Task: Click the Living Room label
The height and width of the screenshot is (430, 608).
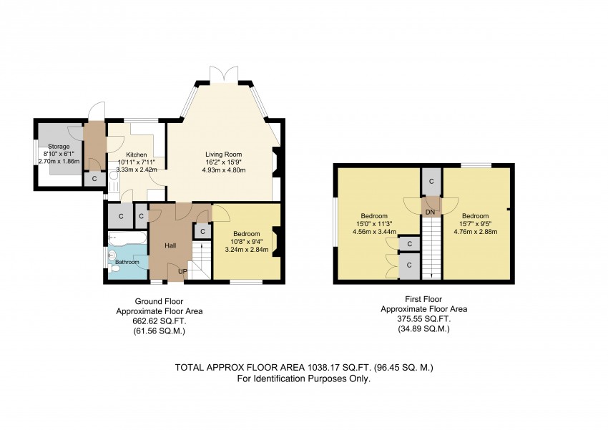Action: [223, 155]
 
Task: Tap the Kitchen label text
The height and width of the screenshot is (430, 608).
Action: [137, 155]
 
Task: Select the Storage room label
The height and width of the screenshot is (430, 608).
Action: [59, 147]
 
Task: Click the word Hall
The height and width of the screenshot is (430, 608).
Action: [170, 245]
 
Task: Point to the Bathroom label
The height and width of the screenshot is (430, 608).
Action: [127, 262]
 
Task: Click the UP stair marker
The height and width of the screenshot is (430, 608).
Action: [182, 271]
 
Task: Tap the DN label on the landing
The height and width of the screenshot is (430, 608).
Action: [430, 212]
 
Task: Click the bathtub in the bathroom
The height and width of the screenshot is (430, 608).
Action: [127, 238]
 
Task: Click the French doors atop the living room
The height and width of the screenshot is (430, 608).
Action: [224, 74]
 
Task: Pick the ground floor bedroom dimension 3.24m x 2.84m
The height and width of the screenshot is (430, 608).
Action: [247, 250]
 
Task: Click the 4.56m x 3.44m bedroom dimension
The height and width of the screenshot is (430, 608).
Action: [374, 232]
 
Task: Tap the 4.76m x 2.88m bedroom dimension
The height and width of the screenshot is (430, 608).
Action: [476, 232]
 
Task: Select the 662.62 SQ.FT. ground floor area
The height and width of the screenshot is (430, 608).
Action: [160, 321]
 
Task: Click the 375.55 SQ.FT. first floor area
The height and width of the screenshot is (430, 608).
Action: [424, 320]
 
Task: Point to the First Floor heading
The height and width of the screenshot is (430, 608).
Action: [423, 299]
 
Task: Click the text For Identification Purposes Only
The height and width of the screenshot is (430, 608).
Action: [304, 378]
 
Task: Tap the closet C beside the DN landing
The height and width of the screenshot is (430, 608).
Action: [431, 182]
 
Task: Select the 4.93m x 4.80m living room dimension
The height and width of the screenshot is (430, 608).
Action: [224, 170]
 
